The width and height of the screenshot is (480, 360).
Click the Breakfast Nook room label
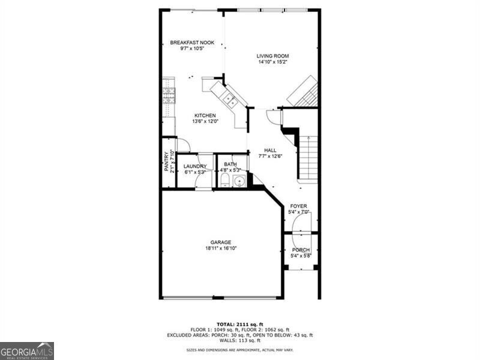pos(192,42)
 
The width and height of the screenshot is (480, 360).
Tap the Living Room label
pos(273,56)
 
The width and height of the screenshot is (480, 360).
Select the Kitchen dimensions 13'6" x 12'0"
pos(205,121)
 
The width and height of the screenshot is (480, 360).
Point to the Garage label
pos(221,242)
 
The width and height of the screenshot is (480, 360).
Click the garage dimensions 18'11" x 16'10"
pos(221,248)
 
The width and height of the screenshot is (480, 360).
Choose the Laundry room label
pos(195,166)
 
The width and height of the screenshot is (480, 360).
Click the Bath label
pos(230,164)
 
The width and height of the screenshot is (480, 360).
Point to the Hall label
pos(270,151)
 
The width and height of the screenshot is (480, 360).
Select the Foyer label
pos(298,206)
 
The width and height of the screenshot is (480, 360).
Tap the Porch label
pos(301,250)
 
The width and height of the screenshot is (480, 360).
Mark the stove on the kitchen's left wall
pos(169,95)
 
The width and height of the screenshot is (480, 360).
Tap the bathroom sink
pos(239,181)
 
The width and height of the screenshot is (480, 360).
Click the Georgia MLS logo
pos(27,350)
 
